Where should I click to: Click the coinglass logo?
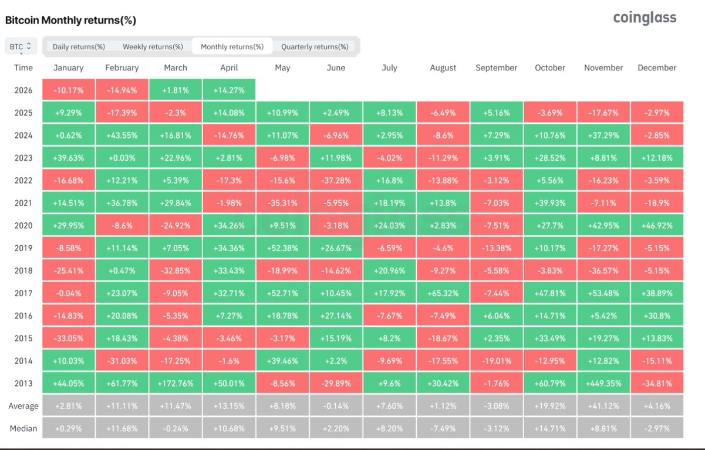[x=645, y=18]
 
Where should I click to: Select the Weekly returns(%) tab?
[x=153, y=47]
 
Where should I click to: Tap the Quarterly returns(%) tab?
[x=315, y=47]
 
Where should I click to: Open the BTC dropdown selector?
[x=21, y=46]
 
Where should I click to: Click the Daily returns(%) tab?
[x=79, y=47]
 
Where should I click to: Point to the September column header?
[x=497, y=67]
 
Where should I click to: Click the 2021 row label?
[x=23, y=203]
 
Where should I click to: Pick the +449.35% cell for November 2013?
[x=603, y=383]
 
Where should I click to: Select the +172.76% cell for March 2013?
[x=176, y=383]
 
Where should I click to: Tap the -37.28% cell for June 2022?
[x=336, y=180]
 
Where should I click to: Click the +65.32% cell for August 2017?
[x=443, y=293]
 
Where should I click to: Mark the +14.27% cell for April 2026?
[x=229, y=90]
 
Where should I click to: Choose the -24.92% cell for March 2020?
[x=176, y=225]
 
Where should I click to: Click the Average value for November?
[x=603, y=405]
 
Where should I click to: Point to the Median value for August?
[x=443, y=428]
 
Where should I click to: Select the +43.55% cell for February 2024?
[x=122, y=135]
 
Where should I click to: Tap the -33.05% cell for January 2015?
[x=68, y=338]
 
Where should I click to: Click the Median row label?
[x=23, y=428]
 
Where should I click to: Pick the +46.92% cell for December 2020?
[x=657, y=225]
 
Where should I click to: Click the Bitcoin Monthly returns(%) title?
[x=70, y=20]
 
